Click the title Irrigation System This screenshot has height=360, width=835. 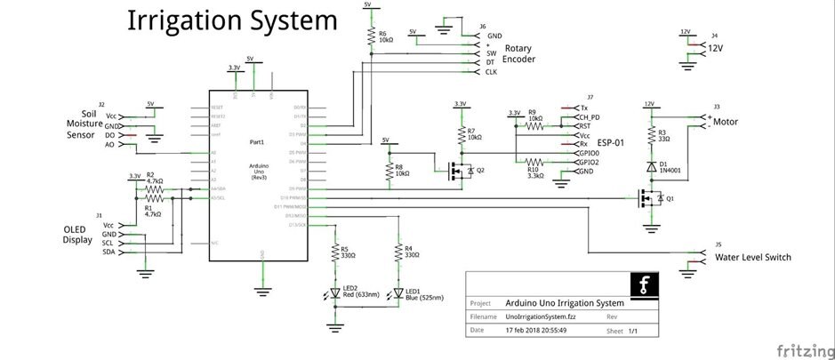[x=232, y=21]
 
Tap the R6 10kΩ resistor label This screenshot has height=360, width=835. [x=385, y=38]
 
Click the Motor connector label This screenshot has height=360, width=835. [x=727, y=121]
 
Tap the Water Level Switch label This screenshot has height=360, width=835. [x=753, y=258]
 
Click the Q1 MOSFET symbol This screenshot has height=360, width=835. [x=647, y=198]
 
